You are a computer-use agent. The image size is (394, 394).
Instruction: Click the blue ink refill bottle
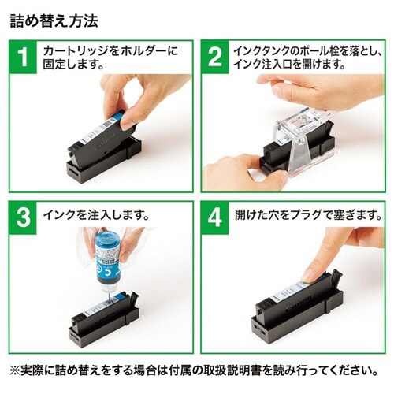tap(106, 256)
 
